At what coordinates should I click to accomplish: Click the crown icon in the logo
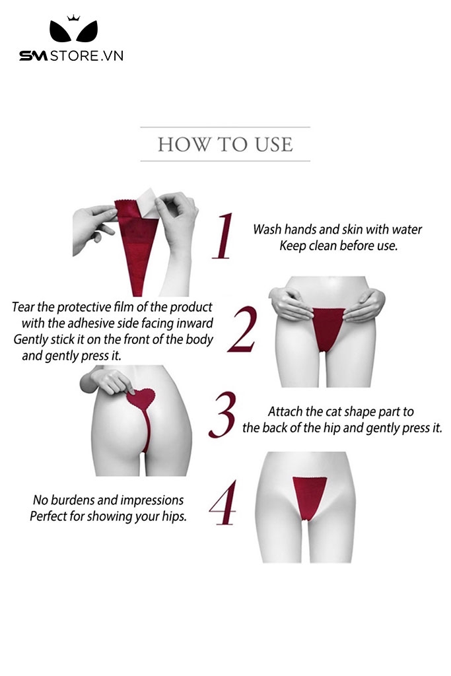[73, 18]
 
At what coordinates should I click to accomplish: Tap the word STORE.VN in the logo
[87, 55]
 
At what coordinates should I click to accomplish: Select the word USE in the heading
[273, 145]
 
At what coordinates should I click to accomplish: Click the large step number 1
[223, 236]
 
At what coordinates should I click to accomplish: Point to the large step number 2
[242, 329]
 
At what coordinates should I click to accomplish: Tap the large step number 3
[223, 415]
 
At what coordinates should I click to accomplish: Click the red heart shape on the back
[141, 399]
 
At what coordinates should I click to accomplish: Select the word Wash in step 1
[267, 229]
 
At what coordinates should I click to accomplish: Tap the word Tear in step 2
[23, 307]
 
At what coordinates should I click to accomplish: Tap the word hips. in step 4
[174, 516]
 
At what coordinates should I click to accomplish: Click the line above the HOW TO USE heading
[225, 127]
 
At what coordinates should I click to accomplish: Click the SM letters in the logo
[33, 55]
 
